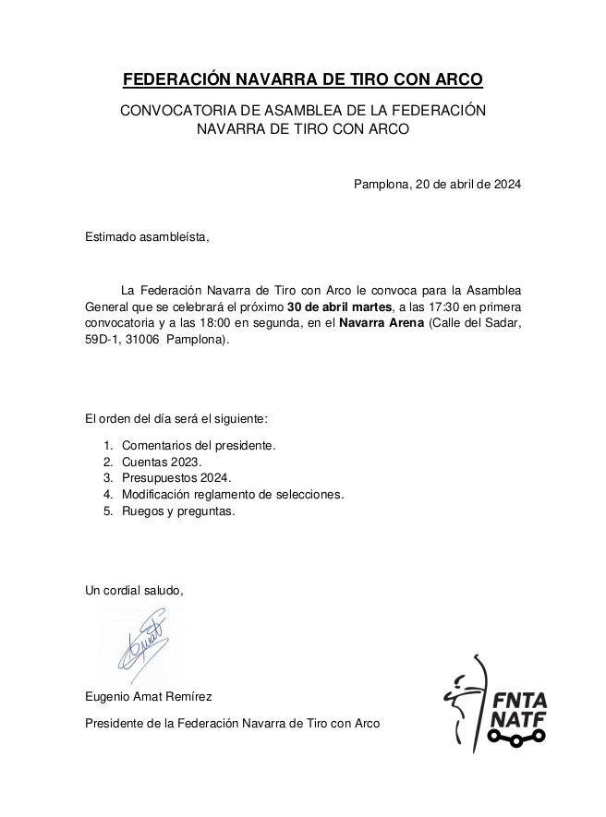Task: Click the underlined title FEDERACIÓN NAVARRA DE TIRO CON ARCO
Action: (x=303, y=79)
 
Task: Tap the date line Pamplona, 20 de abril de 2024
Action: (x=437, y=184)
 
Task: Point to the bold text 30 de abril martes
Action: (x=339, y=306)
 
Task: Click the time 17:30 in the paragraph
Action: (x=450, y=306)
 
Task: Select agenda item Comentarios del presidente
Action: (x=199, y=445)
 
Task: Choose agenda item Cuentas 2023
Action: (x=161, y=462)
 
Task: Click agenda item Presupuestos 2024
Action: (x=176, y=478)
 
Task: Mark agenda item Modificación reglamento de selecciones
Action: (x=233, y=495)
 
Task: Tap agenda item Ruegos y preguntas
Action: (x=178, y=511)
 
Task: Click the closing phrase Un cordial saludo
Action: (x=134, y=590)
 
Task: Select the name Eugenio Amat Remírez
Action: (x=149, y=697)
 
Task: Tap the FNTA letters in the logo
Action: (x=519, y=699)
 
